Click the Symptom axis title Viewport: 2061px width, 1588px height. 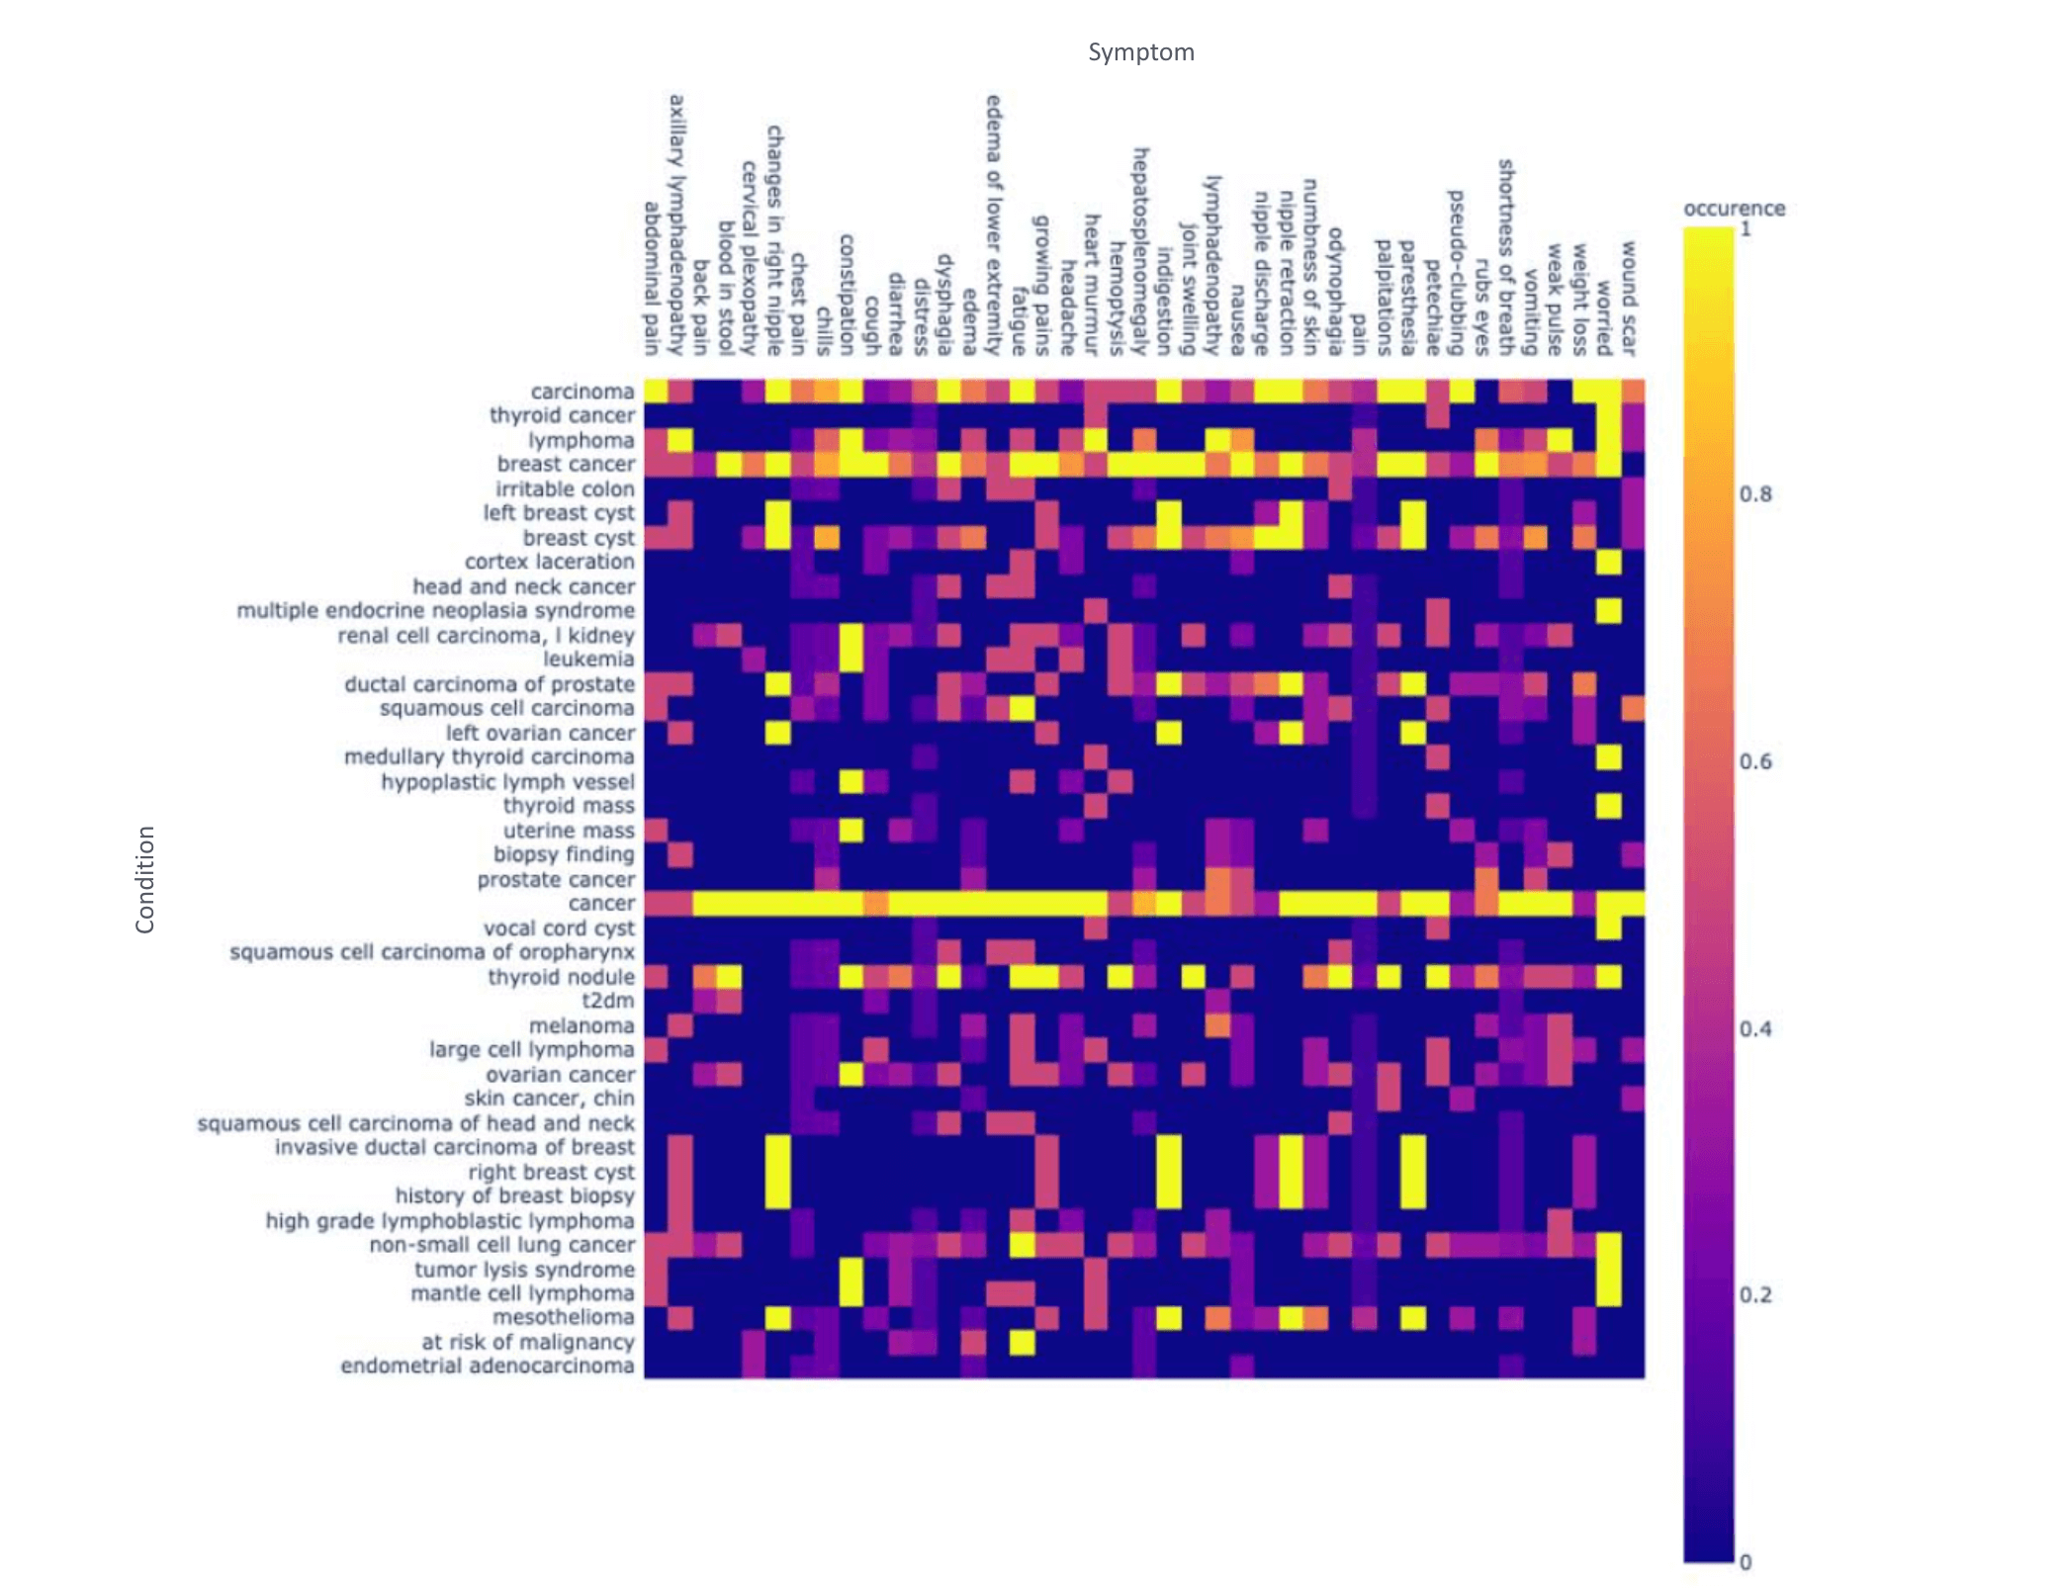tap(1140, 52)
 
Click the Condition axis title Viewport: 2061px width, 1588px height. tap(145, 879)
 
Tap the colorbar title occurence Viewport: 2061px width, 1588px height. tap(1734, 209)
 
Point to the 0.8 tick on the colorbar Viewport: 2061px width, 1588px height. tap(1755, 494)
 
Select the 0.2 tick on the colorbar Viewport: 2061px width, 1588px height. tap(1755, 1295)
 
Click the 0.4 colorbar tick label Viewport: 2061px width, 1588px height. tap(1755, 1028)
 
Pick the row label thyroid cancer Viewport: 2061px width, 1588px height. tap(562, 415)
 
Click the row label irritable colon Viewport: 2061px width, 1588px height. tap(565, 488)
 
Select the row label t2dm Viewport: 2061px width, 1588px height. tap(607, 1001)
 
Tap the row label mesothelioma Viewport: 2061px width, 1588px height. tap(563, 1317)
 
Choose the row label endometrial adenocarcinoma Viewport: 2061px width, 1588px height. tap(487, 1366)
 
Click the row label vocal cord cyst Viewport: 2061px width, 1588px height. tap(559, 927)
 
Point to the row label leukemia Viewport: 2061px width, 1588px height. tap(588, 659)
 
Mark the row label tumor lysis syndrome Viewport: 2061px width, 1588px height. tap(524, 1269)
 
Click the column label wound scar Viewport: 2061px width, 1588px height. tap(1628, 298)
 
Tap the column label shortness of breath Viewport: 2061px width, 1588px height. tap(1506, 257)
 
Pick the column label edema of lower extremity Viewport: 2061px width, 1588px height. tap(994, 225)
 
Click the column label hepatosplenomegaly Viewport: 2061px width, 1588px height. tap(1140, 251)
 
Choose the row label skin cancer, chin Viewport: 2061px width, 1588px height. tap(549, 1098)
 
